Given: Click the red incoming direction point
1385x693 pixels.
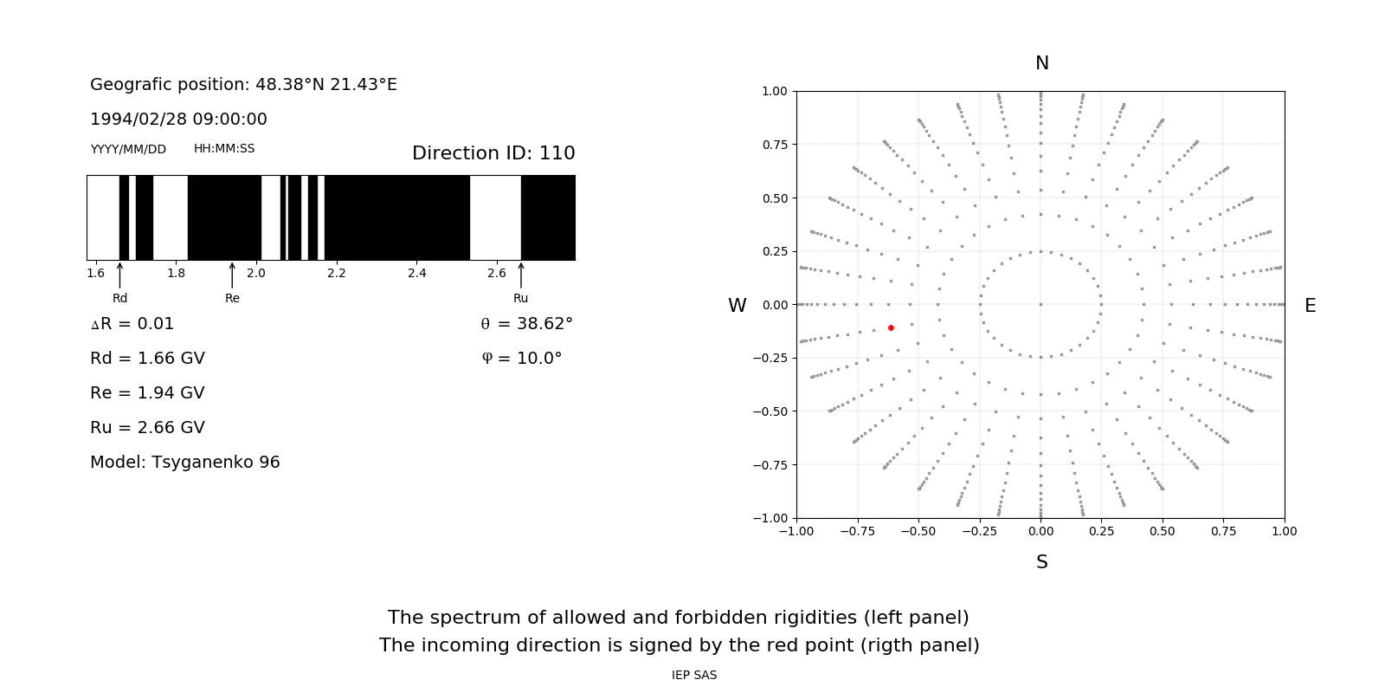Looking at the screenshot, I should point(891,327).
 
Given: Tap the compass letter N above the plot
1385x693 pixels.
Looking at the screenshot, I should point(1041,63).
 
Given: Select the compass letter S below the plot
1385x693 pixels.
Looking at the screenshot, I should point(1041,562).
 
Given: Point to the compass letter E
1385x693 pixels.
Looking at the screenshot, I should point(1310,306).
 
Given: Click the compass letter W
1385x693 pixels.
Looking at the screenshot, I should point(737,306).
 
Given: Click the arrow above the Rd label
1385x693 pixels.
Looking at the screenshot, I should point(119,275).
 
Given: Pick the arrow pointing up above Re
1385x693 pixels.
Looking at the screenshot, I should point(232,275).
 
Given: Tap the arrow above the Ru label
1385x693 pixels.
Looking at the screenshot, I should point(520,275).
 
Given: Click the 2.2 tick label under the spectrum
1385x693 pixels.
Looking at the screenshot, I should point(336,274).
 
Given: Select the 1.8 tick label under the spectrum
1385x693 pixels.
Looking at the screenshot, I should point(176,274).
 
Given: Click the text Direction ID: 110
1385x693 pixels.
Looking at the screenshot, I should point(493,153).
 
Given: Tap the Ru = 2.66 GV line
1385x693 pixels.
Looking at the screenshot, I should point(147,428).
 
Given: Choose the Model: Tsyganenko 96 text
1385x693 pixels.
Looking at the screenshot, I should point(184,463).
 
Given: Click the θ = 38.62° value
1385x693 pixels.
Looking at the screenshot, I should point(526,324).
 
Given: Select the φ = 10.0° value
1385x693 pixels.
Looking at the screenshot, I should point(521,359).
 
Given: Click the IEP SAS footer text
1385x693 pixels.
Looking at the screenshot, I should point(693,676).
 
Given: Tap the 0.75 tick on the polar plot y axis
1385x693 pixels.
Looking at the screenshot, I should point(774,145).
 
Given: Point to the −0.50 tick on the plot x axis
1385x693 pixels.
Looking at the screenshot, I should point(918,531).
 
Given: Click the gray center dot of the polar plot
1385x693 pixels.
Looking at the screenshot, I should point(1040,304).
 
